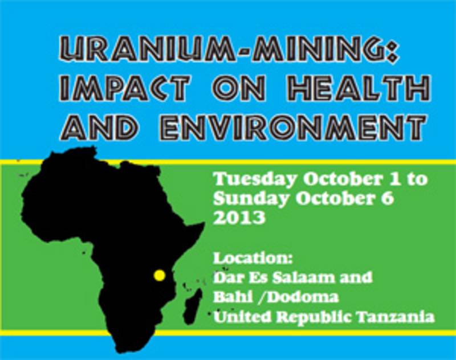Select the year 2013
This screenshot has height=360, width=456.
239,218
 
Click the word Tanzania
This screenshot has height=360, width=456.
396,316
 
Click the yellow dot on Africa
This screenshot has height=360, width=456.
160,275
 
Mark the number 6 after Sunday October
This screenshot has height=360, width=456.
388,199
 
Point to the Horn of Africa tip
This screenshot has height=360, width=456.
203,223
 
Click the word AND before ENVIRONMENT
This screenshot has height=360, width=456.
98,127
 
